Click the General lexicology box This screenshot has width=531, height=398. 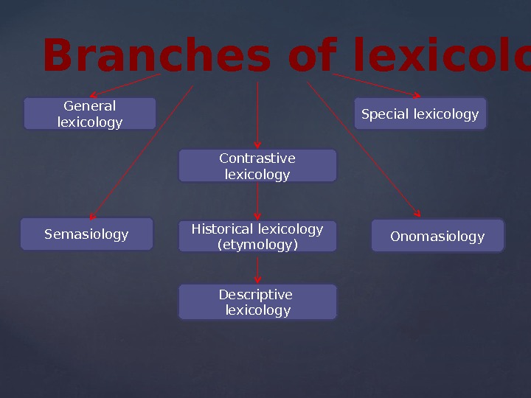coord(90,114)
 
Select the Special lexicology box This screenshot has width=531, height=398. coord(420,114)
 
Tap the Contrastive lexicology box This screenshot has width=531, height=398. coord(257,166)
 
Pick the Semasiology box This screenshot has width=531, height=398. coord(86,234)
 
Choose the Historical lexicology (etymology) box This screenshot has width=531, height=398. coord(257,237)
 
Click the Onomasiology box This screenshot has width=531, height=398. coord(437,236)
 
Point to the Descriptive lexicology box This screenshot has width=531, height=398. coord(257,302)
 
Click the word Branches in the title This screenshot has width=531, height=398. coord(155,57)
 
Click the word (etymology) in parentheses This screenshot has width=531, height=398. coord(257,245)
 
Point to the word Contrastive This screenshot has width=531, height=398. coord(257,158)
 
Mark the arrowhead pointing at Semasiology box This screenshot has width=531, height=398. coord(92,217)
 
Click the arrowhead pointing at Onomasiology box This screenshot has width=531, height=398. coord(417,214)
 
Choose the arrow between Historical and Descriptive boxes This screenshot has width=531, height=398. coord(257,268)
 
